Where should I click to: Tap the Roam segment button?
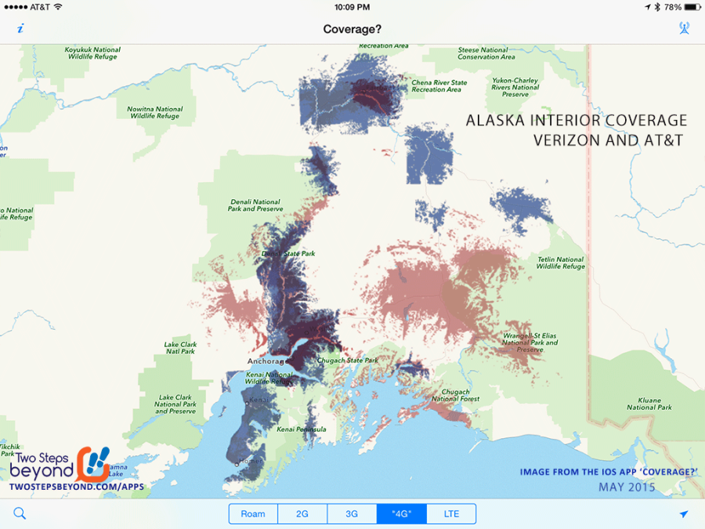coord(253,514)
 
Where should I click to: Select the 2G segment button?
coord(302,514)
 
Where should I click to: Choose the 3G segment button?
coord(352,514)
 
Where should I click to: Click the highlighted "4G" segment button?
coord(401,514)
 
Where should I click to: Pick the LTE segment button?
coord(451,514)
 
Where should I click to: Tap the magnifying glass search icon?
coord(20,514)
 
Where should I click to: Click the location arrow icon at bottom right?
coord(684,514)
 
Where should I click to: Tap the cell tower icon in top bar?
coord(684,29)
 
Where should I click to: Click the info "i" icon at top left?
coord(20,29)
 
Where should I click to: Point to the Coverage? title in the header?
coord(352,29)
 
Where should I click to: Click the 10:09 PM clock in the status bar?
coord(352,6)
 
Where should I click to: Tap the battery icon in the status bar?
coord(689,6)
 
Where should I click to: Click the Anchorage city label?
coord(265,361)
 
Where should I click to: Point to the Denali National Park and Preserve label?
coord(255,205)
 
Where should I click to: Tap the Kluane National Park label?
coord(649,404)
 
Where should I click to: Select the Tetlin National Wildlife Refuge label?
coord(561,263)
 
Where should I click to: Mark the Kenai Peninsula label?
coord(302,429)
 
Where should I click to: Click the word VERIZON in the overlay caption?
coord(570,141)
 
